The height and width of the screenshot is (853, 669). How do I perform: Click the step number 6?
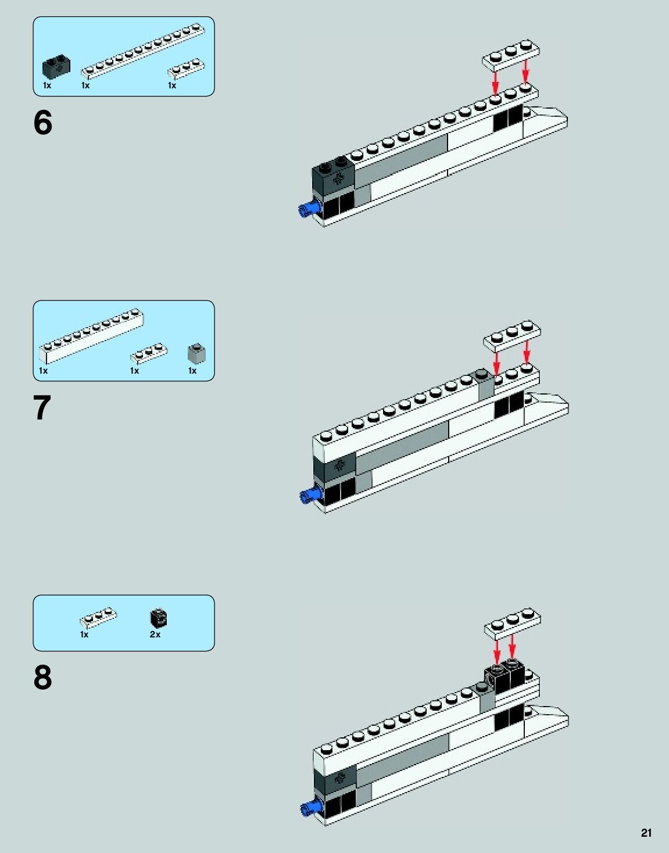42,123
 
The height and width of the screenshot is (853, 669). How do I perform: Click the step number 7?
42,408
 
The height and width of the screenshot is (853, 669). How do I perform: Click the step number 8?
42,678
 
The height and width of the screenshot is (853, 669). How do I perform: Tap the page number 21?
646,833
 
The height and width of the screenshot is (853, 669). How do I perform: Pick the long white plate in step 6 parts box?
143,51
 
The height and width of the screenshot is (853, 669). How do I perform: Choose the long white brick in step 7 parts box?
92,335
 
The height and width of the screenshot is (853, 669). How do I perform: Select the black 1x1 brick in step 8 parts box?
159,618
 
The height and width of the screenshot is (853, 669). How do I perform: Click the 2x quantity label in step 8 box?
155,635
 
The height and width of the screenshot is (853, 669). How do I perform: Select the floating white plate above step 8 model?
513,622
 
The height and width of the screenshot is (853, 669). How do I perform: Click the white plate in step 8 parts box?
98,619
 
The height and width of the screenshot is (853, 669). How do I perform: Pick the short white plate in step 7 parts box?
149,353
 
